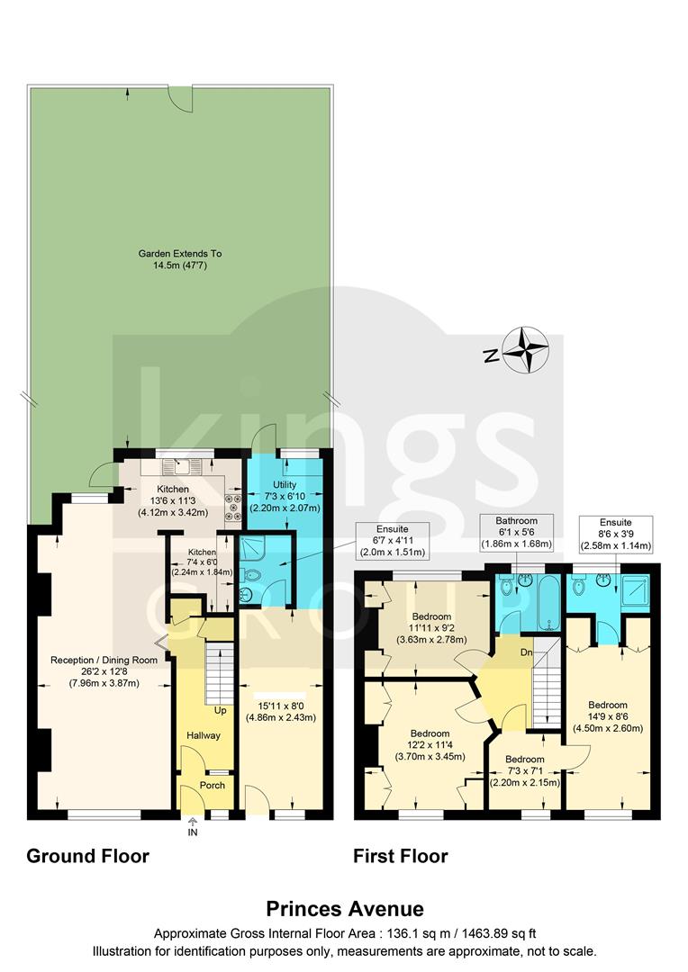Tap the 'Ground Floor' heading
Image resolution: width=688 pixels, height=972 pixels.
[87, 855]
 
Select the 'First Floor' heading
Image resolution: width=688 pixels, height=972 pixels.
[401, 855]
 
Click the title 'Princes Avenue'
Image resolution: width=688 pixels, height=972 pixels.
[344, 909]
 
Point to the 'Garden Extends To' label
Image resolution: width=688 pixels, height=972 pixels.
[180, 254]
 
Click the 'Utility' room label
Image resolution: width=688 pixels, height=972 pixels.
[285, 485]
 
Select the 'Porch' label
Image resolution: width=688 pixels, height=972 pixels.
[213, 786]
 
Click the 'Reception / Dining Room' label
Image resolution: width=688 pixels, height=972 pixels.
[104, 660]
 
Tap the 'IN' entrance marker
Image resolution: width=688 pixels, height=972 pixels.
[192, 833]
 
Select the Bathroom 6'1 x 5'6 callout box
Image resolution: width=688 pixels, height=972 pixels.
[516, 533]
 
